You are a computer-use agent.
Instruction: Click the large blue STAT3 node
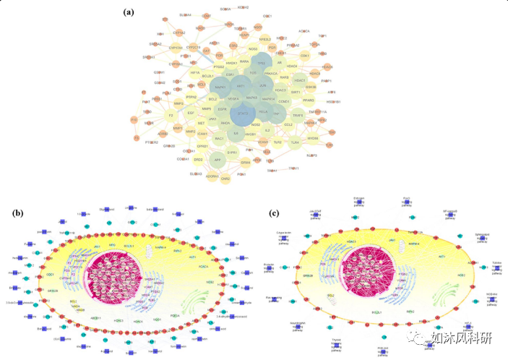click(x=244, y=113)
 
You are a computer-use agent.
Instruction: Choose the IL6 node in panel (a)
click(x=236, y=133)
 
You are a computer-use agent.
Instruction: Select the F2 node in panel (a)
click(x=171, y=115)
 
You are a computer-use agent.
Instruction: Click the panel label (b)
click(x=17, y=212)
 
